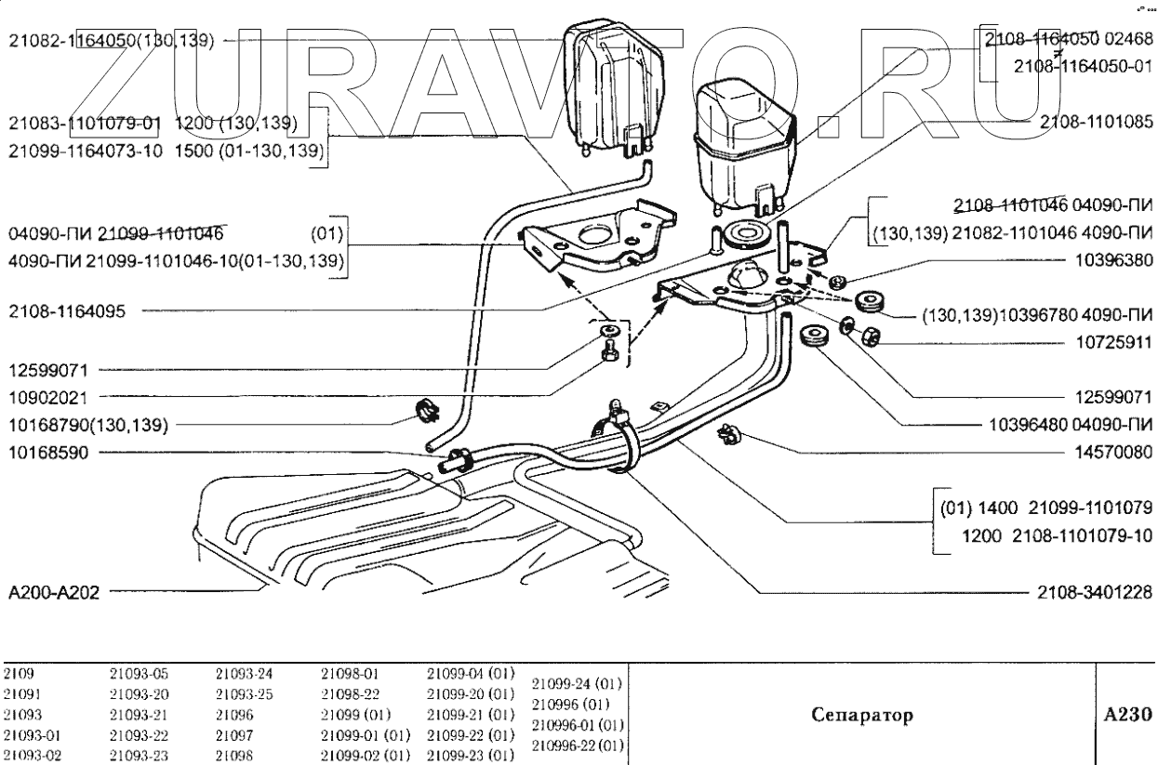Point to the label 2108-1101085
click(1095, 121)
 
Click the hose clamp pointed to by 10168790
click(426, 410)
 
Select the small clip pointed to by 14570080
click(728, 433)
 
